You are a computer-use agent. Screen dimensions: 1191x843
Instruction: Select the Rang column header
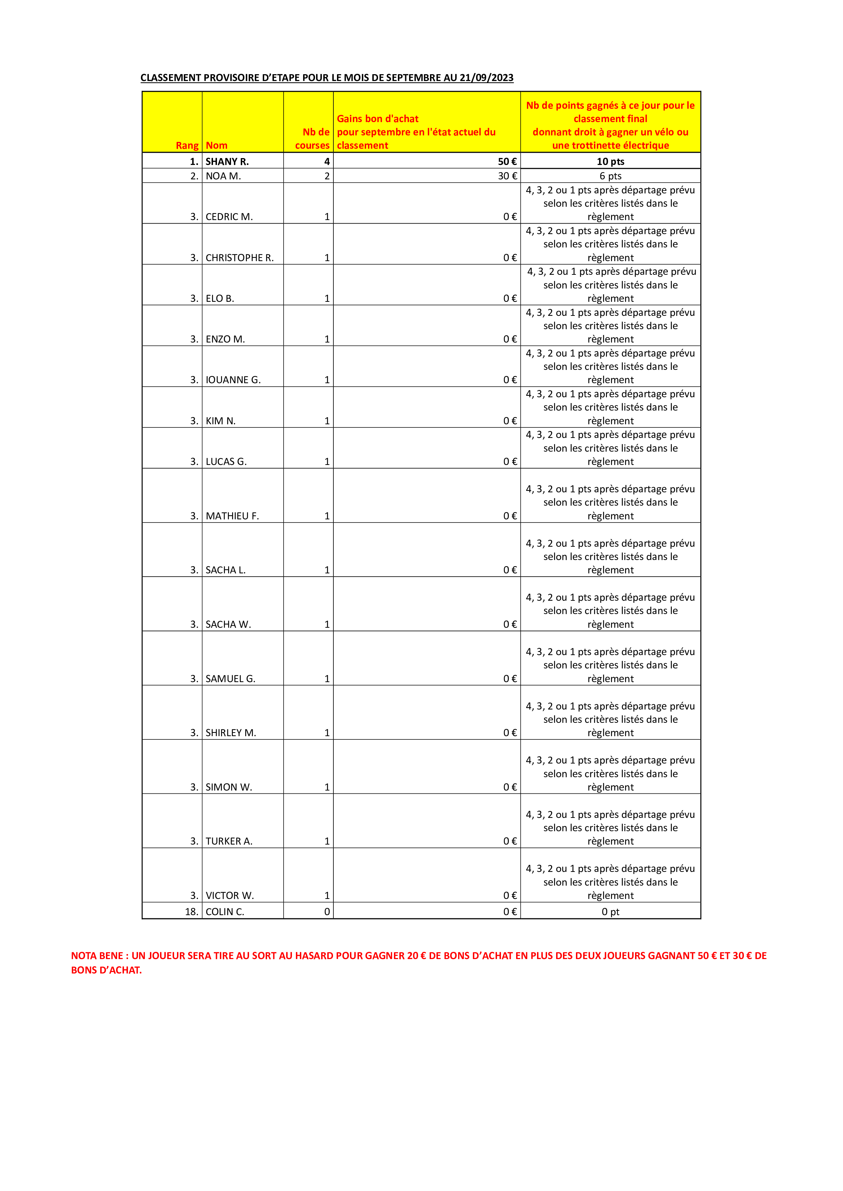tap(187, 145)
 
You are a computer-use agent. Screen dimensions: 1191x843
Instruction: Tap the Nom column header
tap(217, 145)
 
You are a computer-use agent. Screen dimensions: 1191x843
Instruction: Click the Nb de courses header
tap(312, 139)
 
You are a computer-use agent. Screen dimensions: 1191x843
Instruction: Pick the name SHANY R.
tap(227, 161)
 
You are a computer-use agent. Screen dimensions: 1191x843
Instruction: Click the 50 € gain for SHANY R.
tap(507, 161)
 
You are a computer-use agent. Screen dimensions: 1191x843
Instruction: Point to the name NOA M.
tap(223, 176)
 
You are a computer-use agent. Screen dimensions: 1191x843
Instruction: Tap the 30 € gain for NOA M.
tap(507, 176)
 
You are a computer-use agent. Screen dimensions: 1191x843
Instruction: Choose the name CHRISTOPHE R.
tap(239, 258)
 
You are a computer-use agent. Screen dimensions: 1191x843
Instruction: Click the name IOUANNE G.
tap(233, 380)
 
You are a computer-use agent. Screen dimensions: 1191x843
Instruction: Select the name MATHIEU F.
tap(232, 516)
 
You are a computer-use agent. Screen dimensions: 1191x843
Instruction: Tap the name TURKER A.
tap(229, 841)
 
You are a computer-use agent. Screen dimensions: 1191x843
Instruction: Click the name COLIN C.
tap(225, 912)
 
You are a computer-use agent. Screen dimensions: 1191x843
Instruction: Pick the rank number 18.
tap(191, 912)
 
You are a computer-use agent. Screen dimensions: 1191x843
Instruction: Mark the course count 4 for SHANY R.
tap(327, 161)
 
